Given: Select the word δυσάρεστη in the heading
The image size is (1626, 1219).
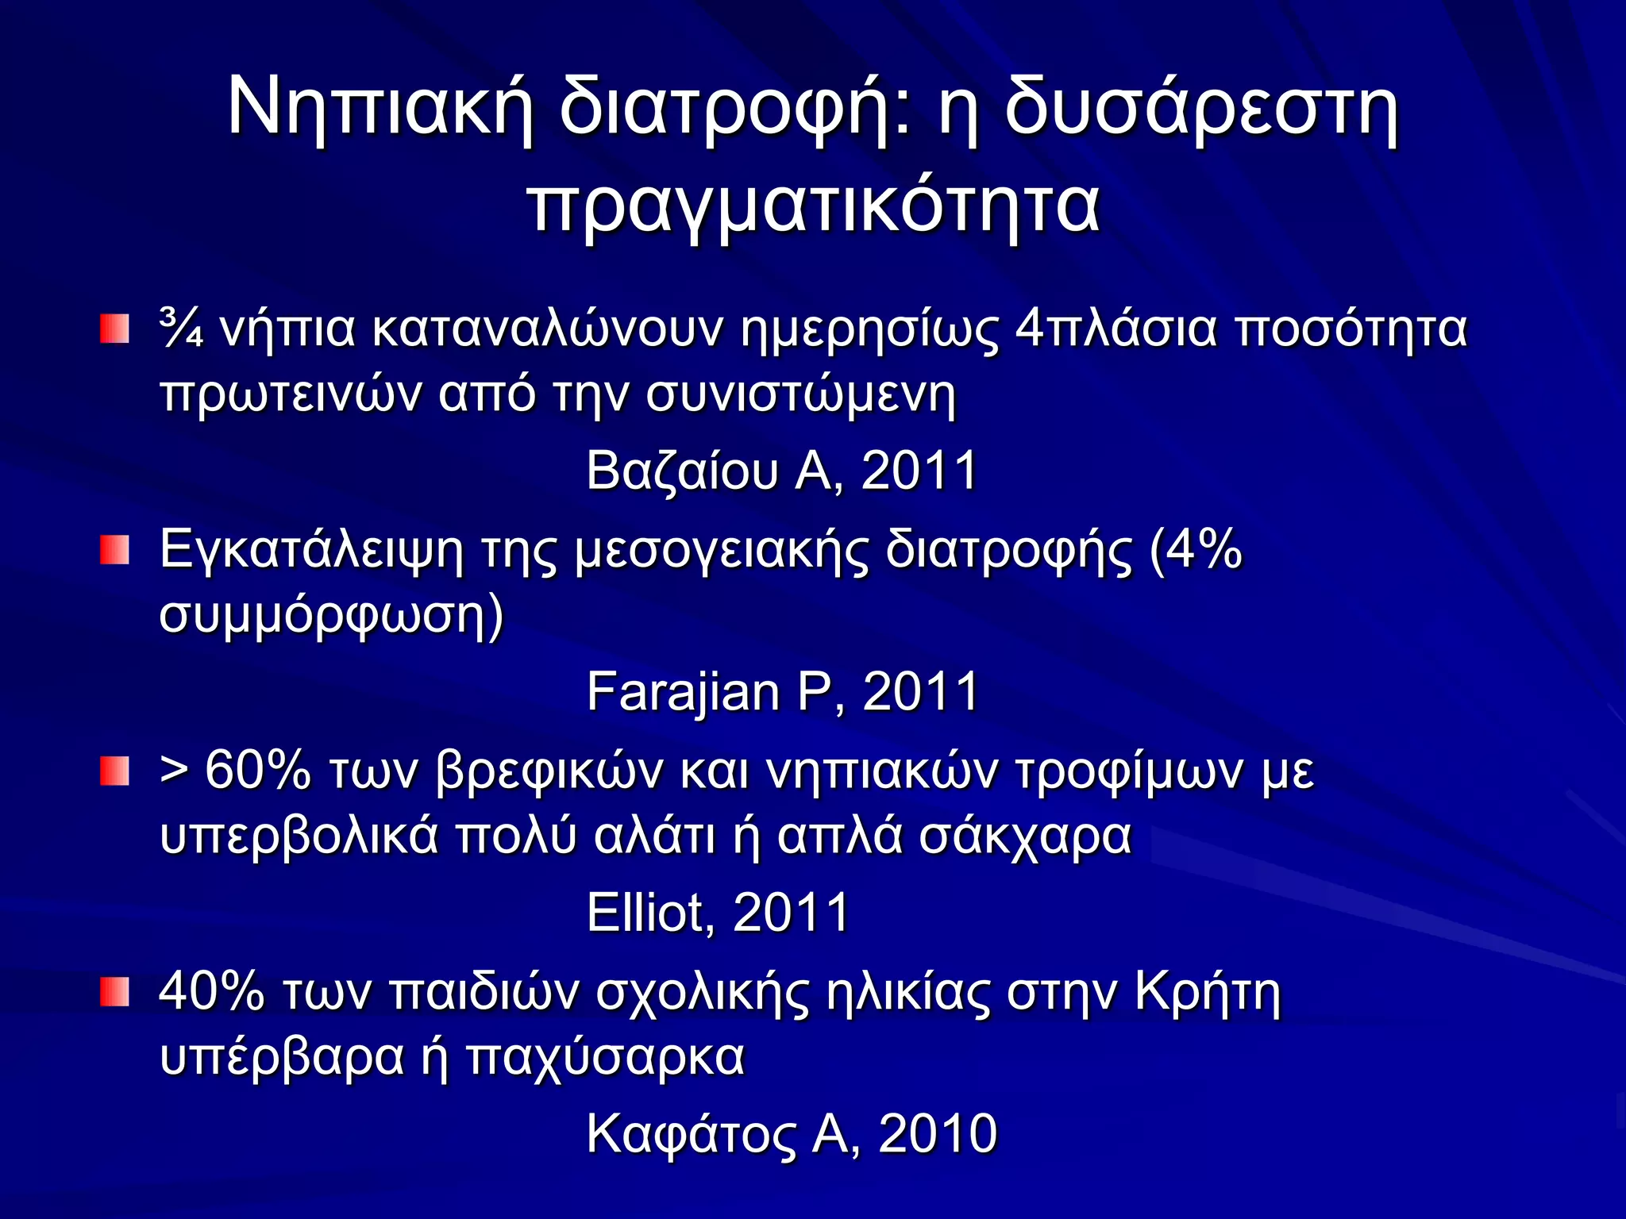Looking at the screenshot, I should pyautogui.click(x=1200, y=109).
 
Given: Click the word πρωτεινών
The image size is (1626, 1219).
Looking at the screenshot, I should pyautogui.click(x=291, y=394).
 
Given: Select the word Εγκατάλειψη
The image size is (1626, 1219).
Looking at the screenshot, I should pyautogui.click(x=311, y=550).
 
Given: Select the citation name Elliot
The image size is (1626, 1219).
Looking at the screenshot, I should pyautogui.click(x=645, y=912).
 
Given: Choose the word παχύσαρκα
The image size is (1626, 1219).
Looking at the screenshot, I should pyautogui.click(x=605, y=1056).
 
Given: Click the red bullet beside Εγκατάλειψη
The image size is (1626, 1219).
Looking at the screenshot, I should pyautogui.click(x=114, y=550).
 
